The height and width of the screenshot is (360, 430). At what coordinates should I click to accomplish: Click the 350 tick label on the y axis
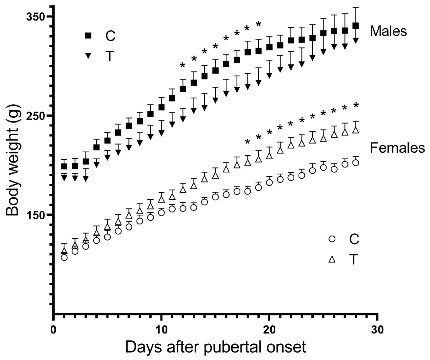(35, 17)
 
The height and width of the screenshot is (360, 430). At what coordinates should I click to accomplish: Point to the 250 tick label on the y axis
(35, 115)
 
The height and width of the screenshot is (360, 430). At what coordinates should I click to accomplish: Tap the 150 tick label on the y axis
(35, 215)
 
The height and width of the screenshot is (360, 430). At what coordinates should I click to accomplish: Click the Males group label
(388, 31)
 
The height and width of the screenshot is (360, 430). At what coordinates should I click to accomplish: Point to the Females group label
(397, 148)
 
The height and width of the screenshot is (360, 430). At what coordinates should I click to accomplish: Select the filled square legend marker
(88, 35)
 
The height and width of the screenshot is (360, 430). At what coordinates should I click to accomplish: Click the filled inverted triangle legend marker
(88, 56)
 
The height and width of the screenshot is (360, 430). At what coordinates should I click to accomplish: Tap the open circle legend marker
(332, 239)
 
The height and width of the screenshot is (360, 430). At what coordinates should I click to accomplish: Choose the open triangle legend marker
(332, 259)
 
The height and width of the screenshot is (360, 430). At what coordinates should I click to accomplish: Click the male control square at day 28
(356, 26)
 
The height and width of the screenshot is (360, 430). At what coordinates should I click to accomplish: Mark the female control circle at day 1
(64, 258)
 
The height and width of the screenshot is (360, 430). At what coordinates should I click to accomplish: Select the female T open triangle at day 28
(356, 129)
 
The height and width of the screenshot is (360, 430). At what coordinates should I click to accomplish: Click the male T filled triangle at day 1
(64, 178)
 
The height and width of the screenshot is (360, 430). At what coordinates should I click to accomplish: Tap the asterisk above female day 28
(356, 105)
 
